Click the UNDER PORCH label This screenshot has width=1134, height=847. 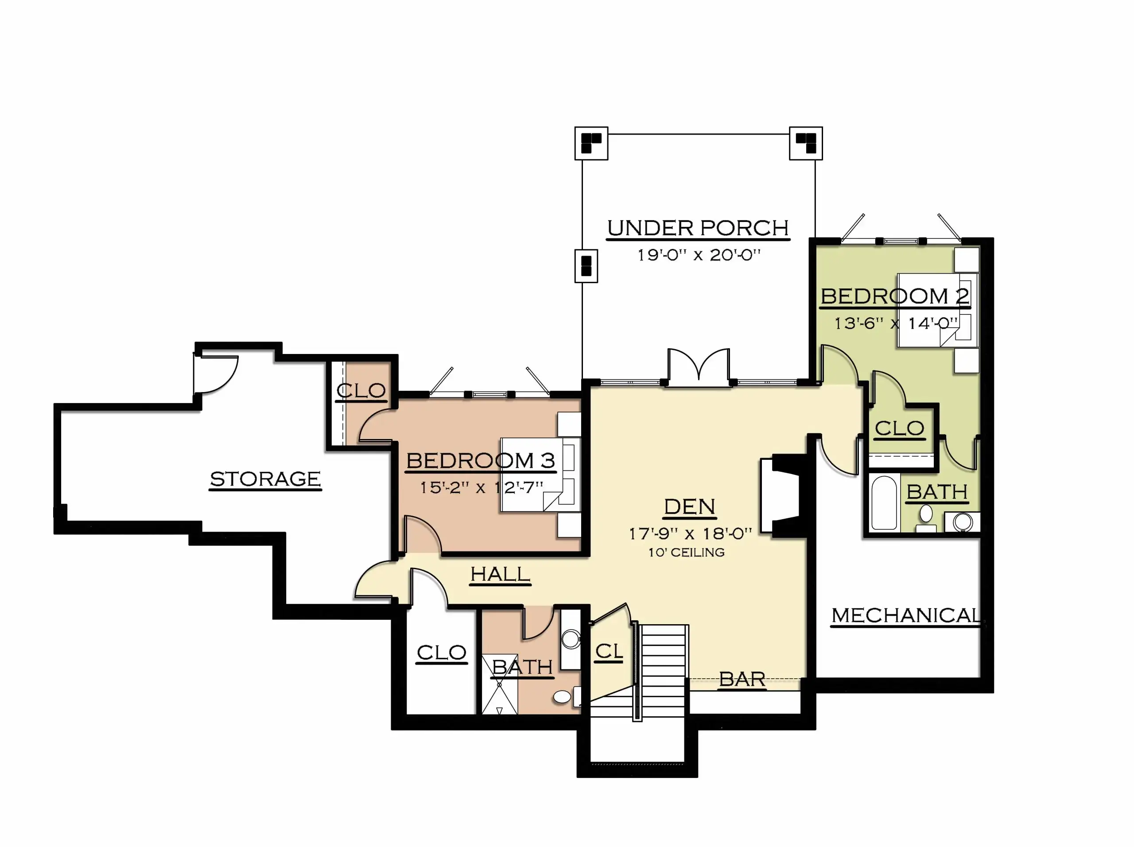698,228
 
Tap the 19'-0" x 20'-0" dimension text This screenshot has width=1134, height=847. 699,255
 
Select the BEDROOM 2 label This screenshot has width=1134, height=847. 895,296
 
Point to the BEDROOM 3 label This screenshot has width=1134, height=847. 481,460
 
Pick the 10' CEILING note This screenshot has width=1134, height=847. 687,552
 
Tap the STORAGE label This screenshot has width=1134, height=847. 265,479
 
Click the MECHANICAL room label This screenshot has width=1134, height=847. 906,615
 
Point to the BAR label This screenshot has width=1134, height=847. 742,680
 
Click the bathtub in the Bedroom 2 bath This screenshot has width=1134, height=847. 884,502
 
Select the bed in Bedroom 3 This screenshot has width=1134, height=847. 541,474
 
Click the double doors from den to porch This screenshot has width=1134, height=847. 699,367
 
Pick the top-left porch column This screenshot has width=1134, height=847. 591,143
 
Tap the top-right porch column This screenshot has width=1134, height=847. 806,143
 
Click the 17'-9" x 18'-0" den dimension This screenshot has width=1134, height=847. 690,534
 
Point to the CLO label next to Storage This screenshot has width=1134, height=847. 361,391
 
